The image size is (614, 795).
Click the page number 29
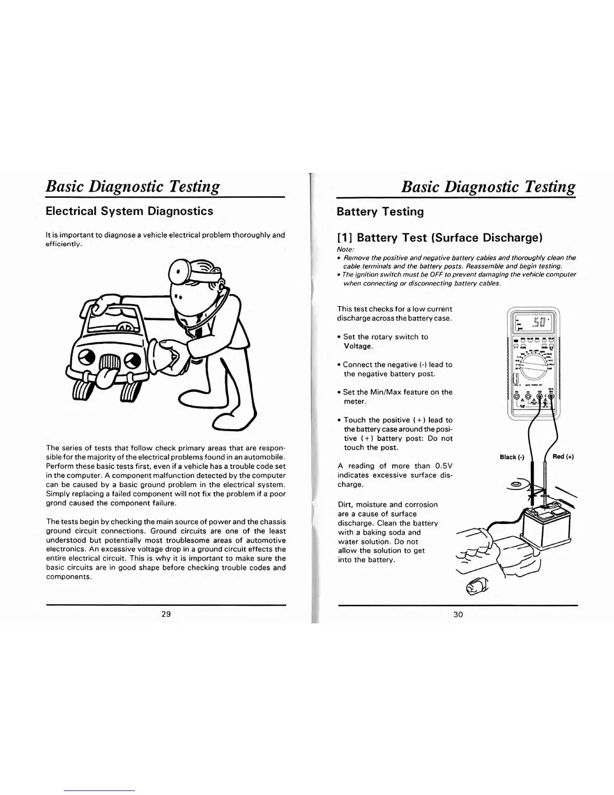tap(167, 614)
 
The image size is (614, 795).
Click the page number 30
tap(458, 614)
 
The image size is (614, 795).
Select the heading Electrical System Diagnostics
tap(129, 211)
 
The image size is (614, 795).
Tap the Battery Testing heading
tap(380, 212)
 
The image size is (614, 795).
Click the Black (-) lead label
tap(512, 457)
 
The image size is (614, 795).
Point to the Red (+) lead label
tap(563, 456)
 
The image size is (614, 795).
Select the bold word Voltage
tap(358, 346)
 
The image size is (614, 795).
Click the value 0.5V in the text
tap(444, 466)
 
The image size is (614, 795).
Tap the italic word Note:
tap(346, 249)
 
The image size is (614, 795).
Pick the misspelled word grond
tap(56, 503)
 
